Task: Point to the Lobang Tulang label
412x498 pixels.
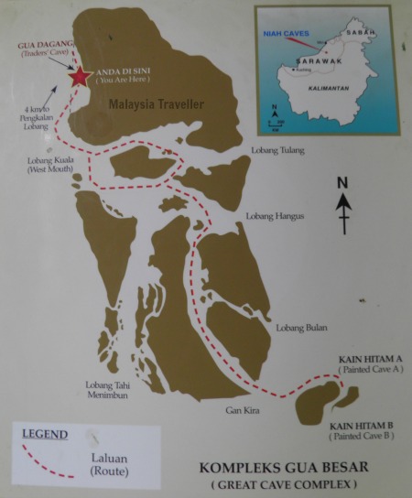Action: (278, 150)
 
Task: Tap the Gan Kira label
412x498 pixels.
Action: (242, 410)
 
